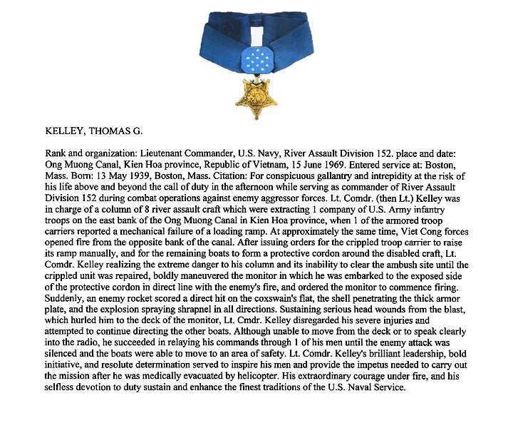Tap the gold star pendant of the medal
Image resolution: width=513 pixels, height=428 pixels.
(256, 97)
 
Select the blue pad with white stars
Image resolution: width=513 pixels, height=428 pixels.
(256, 61)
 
